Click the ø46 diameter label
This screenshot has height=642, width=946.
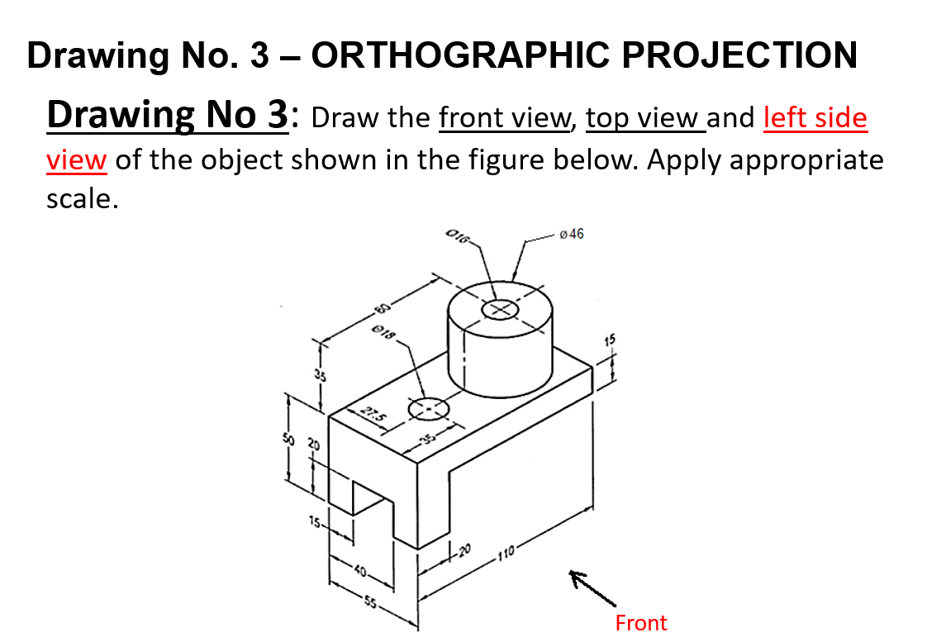tap(571, 234)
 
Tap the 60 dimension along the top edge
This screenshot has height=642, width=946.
tap(381, 310)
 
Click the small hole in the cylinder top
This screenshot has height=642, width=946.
tap(500, 310)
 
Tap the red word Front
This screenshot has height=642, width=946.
tap(640, 622)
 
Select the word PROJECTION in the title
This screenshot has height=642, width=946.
tap(739, 55)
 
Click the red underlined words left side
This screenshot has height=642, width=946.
tap(815, 118)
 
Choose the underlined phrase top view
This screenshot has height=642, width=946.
tap(642, 118)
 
